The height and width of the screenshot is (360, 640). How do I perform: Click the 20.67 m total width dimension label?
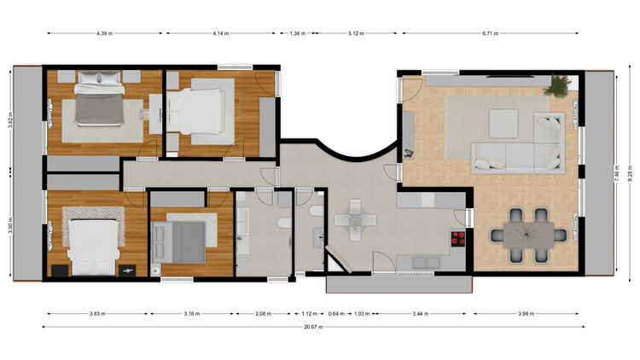[313, 327]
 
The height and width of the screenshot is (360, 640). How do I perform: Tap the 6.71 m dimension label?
[490, 33]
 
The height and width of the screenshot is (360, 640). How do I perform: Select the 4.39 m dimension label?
[104, 33]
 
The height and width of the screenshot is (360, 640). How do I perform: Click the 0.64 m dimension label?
[336, 314]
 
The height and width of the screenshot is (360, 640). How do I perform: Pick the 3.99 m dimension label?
[527, 314]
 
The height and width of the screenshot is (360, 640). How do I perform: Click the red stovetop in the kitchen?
[458, 238]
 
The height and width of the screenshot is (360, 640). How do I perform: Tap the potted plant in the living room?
[557, 85]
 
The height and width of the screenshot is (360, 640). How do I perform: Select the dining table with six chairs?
[528, 235]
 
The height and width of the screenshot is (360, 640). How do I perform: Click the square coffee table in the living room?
[503, 123]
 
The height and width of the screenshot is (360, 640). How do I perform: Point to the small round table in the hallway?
[355, 220]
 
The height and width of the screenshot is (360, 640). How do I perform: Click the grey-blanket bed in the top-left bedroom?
[99, 99]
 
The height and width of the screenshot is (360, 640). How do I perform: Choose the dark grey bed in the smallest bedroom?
[178, 242]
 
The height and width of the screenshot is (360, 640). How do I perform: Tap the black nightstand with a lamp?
[127, 270]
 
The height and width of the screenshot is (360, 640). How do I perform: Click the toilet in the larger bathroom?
[284, 224]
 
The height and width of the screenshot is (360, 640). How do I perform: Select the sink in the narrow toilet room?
[318, 237]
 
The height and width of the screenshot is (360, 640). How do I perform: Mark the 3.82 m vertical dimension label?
[11, 120]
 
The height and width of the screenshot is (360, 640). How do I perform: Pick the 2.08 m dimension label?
[264, 314]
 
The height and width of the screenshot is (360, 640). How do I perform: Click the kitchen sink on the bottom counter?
[426, 264]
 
